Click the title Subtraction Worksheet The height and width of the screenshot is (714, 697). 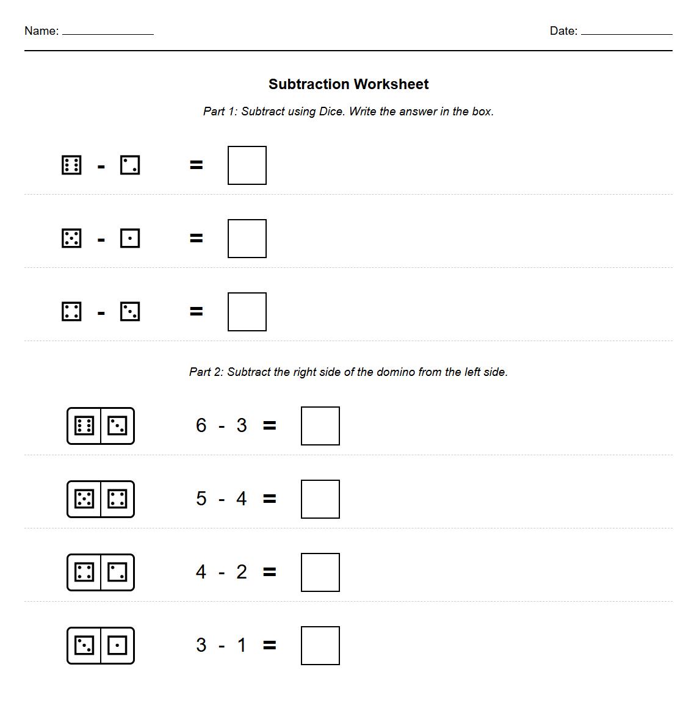348,84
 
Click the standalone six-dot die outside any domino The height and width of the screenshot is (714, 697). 71,165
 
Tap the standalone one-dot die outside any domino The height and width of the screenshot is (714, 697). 130,239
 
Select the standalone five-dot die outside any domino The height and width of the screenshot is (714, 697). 71,239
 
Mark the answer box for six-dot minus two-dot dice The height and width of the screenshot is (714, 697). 247,165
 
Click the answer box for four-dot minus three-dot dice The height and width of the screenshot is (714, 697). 247,312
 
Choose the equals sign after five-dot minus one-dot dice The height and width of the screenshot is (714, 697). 196,239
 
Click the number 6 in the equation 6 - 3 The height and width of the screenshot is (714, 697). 201,425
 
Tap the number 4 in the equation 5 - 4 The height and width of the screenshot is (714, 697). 242,499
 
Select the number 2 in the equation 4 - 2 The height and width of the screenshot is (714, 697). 242,572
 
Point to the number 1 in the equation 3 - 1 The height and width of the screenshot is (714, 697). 242,645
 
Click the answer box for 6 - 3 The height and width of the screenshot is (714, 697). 320,426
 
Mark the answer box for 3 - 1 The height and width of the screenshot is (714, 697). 320,646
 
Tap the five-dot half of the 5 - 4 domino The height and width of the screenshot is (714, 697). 84,499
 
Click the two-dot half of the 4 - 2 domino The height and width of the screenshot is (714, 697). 117,572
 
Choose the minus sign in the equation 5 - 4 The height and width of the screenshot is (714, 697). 222,500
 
